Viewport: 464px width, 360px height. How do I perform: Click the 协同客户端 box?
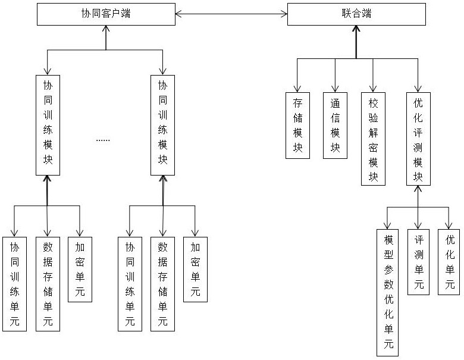pos(106,14)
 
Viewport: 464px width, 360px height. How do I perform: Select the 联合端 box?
pos(357,14)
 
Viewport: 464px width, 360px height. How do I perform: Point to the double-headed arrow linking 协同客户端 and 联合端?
pos(231,14)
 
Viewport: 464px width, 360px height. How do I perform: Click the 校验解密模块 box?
pos(373,138)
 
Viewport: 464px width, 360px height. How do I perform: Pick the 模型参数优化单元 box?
pos(388,292)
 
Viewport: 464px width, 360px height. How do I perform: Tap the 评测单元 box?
pos(419,262)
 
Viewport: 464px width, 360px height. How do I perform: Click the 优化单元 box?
pos(450,262)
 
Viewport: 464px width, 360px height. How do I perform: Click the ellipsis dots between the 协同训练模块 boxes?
pos(103,140)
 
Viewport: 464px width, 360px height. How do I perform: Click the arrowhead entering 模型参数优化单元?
pos(388,225)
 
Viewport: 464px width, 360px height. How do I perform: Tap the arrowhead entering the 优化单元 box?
pos(450,225)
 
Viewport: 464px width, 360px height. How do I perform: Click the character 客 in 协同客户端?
pos(106,14)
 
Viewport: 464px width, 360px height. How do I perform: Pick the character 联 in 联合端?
pos(347,14)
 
